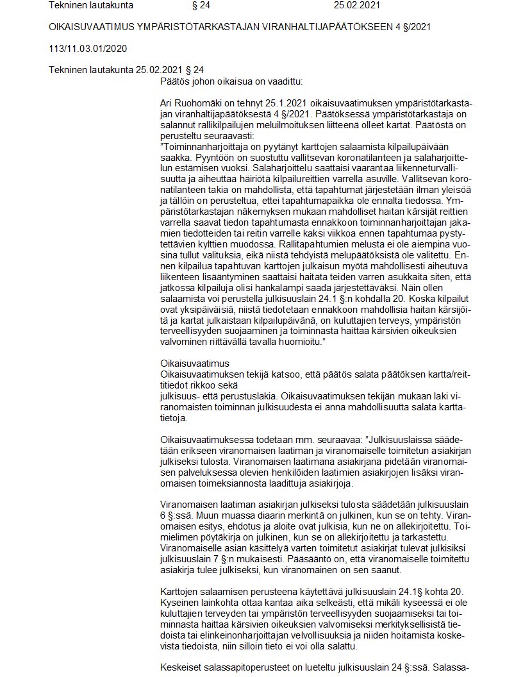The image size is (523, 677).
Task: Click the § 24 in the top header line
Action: click(x=201, y=6)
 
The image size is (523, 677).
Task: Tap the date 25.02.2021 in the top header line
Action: click(x=357, y=6)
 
